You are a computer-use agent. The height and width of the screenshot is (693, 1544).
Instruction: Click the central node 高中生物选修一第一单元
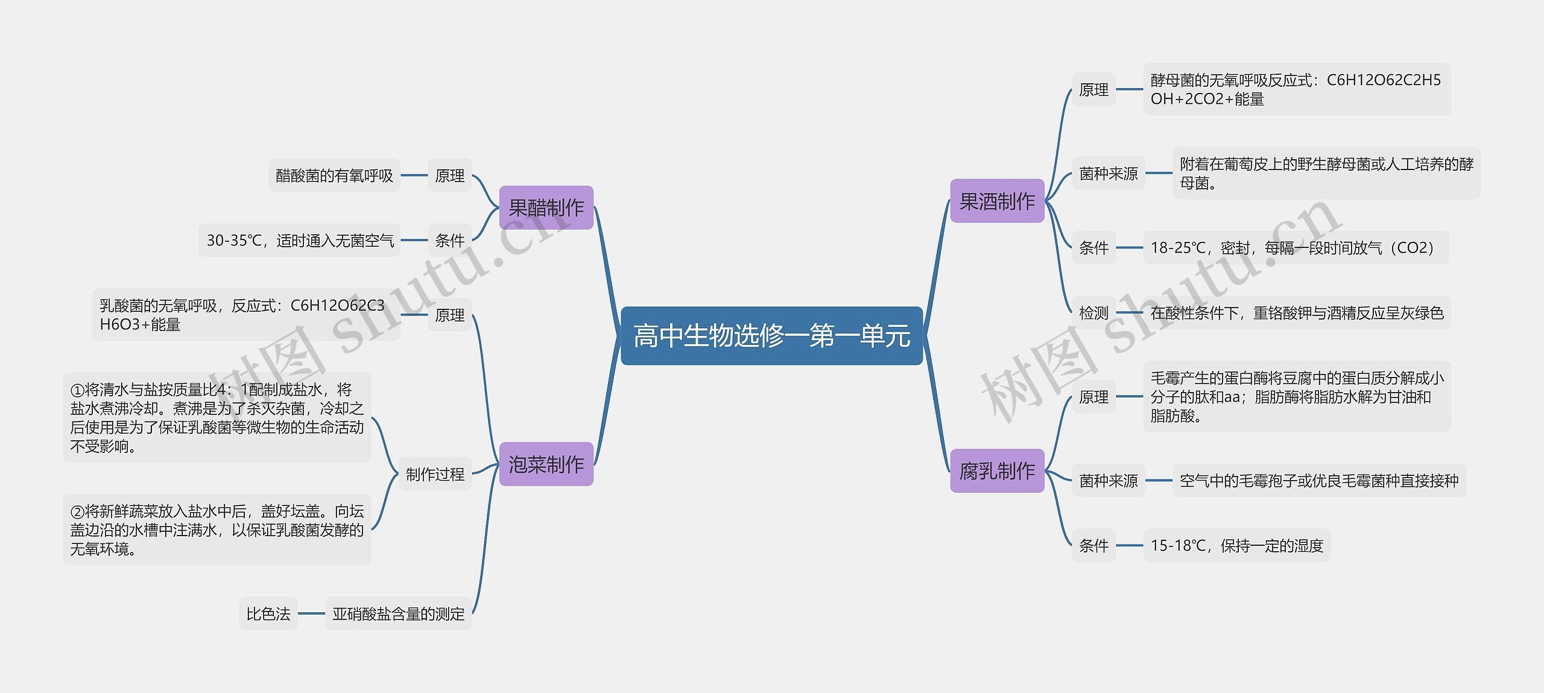(x=771, y=336)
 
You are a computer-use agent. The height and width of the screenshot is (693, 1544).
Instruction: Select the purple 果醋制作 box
(x=546, y=208)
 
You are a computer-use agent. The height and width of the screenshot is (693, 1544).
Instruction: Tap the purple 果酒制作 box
(x=997, y=201)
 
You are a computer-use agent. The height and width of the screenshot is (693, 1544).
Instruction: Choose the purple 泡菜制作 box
(x=546, y=464)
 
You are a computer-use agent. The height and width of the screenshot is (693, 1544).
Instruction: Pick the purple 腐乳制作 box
(x=997, y=471)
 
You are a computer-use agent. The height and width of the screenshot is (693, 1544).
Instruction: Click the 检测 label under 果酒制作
(x=1093, y=313)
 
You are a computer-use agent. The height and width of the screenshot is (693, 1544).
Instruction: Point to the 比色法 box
(x=268, y=614)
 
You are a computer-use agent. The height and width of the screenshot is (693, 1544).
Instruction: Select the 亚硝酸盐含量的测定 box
(x=398, y=614)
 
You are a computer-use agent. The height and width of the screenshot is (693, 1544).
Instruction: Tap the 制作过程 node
(x=435, y=474)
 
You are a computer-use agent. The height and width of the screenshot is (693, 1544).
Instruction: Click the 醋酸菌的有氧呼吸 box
(x=334, y=176)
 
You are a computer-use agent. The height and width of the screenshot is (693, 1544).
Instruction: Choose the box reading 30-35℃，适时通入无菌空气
(x=300, y=241)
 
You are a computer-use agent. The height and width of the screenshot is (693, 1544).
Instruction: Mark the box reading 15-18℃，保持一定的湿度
(x=1236, y=546)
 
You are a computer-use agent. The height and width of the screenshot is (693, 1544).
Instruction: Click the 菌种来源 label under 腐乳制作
(x=1108, y=481)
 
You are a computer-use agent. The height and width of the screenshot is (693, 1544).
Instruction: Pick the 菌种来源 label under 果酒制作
(x=1108, y=174)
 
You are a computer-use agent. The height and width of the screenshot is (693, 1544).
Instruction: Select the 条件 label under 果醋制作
(x=450, y=241)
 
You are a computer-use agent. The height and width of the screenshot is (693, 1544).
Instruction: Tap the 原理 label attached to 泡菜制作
(x=450, y=315)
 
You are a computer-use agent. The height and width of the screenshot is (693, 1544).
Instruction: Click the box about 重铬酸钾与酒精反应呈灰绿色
(x=1297, y=313)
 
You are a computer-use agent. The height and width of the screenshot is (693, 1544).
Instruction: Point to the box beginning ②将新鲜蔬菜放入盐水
(x=217, y=530)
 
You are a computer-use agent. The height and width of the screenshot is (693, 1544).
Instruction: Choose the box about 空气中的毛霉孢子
(x=1318, y=481)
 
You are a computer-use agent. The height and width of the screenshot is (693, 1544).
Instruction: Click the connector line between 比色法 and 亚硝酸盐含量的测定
(x=311, y=614)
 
